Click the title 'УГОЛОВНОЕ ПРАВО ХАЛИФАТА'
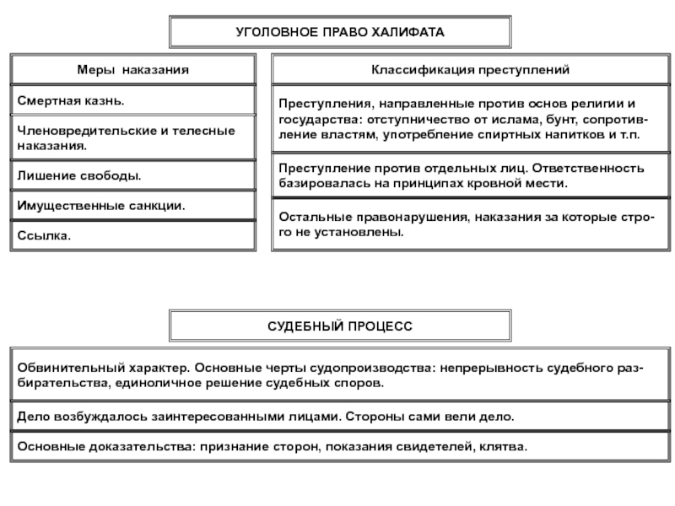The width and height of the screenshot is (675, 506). (340, 31)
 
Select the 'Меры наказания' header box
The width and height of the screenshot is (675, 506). (132, 68)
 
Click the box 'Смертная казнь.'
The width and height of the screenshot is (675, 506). (132, 100)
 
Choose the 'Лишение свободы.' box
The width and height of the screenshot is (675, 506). (132, 175)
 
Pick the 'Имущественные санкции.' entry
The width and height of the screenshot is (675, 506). (132, 205)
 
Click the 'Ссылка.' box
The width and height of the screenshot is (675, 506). (132, 235)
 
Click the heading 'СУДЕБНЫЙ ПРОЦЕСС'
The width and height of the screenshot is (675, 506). (340, 325)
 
